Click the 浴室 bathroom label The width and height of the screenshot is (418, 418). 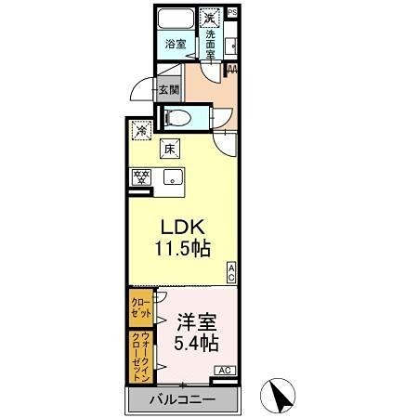[175, 44]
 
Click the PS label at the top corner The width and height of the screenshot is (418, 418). [232, 11]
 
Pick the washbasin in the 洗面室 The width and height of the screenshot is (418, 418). [230, 42]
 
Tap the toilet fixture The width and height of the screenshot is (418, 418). [180, 117]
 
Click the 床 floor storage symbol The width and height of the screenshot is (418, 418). [170, 147]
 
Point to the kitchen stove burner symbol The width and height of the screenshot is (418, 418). [142, 176]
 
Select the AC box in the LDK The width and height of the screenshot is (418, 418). [231, 271]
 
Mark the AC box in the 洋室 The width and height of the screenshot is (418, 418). [225, 371]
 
